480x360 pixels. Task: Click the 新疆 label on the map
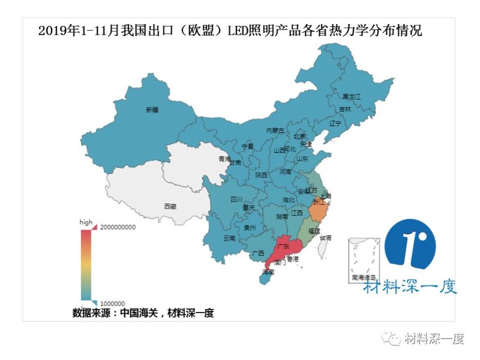(152, 110)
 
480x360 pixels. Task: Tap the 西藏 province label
(170, 206)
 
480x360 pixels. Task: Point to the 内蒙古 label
(275, 130)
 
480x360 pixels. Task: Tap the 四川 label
(236, 199)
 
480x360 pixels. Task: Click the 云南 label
(230, 238)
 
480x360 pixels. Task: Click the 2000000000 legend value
(118, 227)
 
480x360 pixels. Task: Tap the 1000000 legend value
(112, 303)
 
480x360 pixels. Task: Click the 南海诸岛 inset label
(364, 277)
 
